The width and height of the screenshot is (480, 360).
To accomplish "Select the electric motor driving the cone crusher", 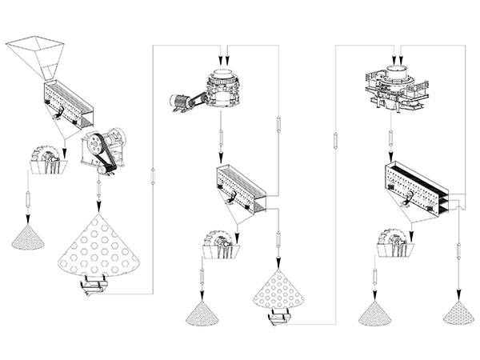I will (x=180, y=102).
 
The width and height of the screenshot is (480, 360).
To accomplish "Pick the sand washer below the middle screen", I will (x=222, y=245).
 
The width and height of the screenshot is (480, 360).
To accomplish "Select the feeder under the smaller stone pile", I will (x=281, y=319).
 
